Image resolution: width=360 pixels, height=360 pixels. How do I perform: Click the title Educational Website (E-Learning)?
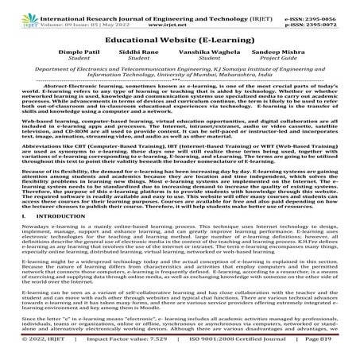[x=180, y=37]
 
